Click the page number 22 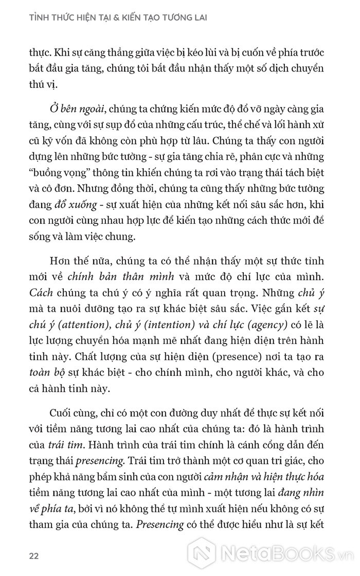coord(34,556)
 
